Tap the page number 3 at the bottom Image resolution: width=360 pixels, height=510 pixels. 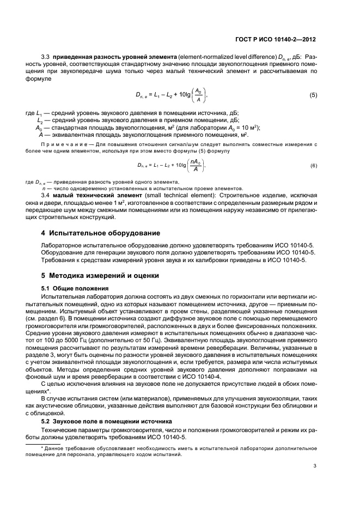tap(315, 465)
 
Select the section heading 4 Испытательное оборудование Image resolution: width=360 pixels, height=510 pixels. tap(93, 232)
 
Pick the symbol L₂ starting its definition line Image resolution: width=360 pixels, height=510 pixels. tap(39, 120)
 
